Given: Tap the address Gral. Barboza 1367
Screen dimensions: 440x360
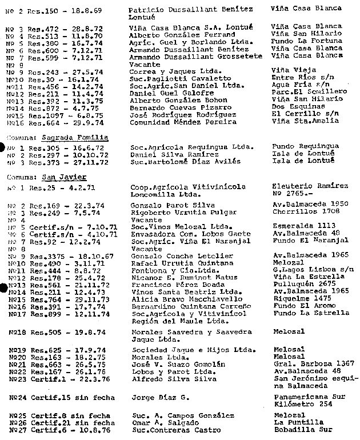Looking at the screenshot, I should click(x=313, y=363).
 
